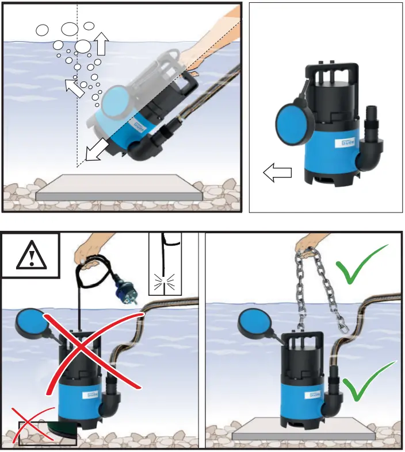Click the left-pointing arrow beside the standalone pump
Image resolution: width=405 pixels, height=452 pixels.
coord(277,171)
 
